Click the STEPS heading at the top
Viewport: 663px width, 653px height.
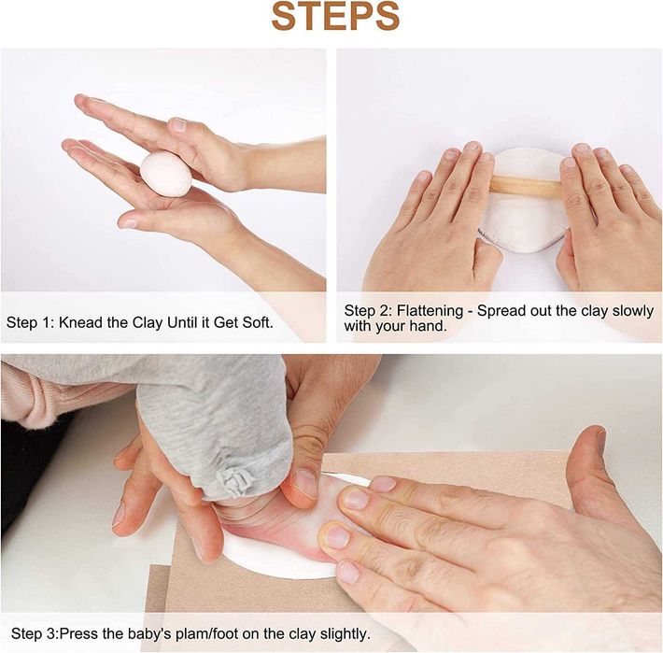pyautogui.click(x=335, y=17)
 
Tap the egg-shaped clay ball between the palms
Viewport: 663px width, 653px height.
pyautogui.click(x=166, y=175)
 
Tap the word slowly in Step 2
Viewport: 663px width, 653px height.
pyautogui.click(x=633, y=311)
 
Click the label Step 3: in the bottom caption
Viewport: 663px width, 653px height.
pyautogui.click(x=35, y=634)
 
